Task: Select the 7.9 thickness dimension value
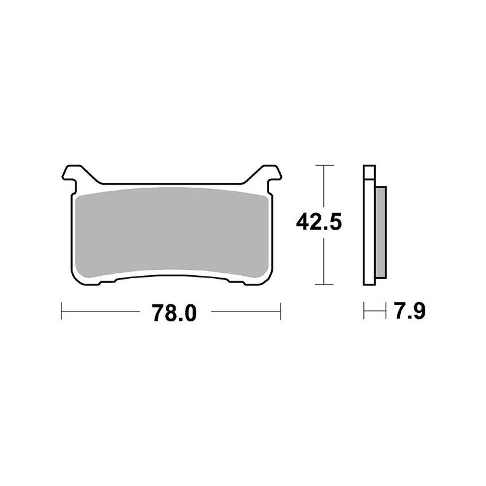[409, 313]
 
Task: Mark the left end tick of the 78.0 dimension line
[63, 313]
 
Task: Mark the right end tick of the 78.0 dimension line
[280, 313]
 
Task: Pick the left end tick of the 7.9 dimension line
[363, 313]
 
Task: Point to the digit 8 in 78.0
[165, 313]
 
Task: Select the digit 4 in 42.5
[302, 223]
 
